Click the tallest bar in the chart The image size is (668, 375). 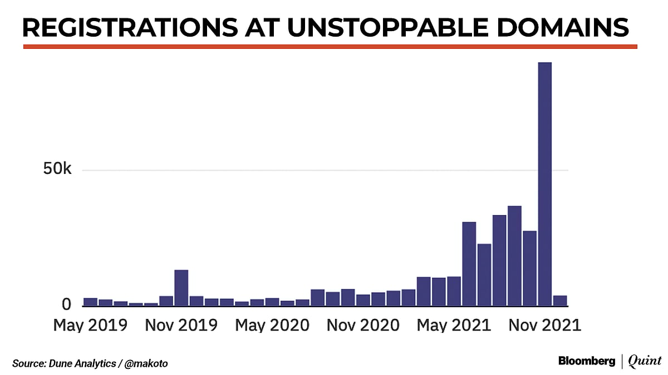pos(544,183)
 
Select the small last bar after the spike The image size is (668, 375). pos(559,301)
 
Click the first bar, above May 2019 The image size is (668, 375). pos(90,302)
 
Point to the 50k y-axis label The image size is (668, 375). pos(57,169)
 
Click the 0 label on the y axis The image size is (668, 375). pos(66,304)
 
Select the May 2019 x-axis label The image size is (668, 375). pos(90,325)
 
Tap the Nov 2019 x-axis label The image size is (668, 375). pos(181,325)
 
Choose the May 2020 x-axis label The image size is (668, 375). pos(272,325)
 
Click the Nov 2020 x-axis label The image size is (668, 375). pos(363,325)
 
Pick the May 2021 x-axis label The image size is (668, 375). pos(454,325)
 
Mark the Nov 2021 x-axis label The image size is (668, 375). pos(544,325)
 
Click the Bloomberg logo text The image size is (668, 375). pos(587,361)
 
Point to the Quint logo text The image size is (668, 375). pos(645,361)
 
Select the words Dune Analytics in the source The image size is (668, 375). pos(79,364)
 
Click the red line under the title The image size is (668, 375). pos(330,47)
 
